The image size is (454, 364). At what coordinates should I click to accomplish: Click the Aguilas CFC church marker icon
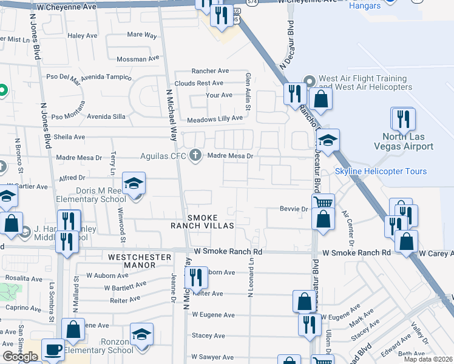coord(195,155)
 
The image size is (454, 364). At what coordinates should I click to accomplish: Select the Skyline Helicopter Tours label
coord(381,172)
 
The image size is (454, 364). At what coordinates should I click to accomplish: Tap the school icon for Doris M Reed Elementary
coord(134,183)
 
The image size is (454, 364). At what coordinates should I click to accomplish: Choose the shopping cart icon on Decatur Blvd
coord(323,203)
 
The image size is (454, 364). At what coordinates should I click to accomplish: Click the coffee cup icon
coord(53,350)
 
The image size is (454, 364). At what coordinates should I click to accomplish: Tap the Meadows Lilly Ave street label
coord(214,120)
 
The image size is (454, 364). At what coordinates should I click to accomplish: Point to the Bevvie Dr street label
coord(294,209)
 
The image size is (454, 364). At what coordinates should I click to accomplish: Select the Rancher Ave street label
coord(210,71)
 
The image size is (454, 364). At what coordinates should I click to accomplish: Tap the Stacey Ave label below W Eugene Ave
coord(208,335)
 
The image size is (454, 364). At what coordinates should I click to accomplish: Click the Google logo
coord(20,357)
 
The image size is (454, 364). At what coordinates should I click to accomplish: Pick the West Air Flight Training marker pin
coord(309,80)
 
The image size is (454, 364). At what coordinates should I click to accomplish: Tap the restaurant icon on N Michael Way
coord(195,277)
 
